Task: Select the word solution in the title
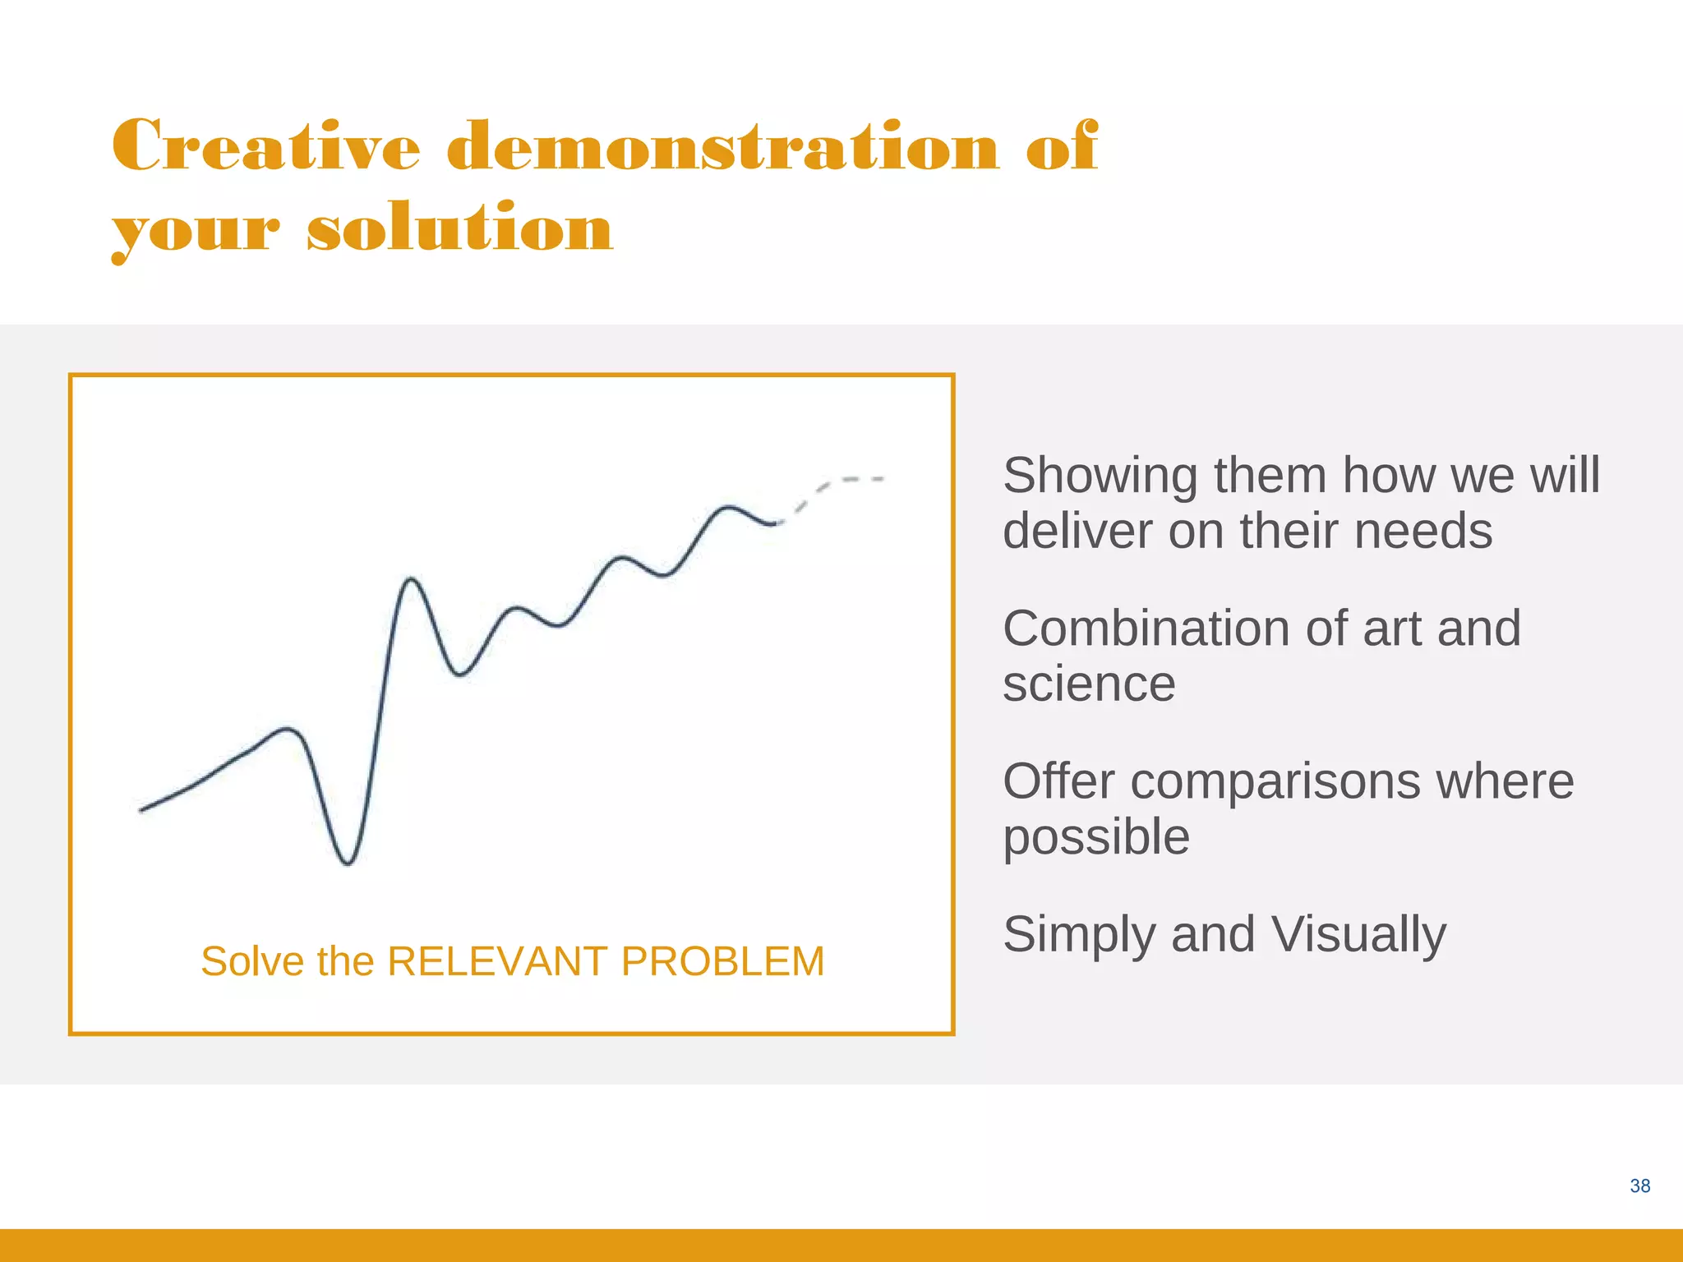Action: coord(460,228)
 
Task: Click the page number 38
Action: coord(1639,1186)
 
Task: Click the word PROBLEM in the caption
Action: coord(722,960)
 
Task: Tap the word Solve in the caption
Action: coord(252,960)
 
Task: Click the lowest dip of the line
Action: coord(348,863)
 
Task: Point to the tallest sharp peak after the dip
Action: coord(411,580)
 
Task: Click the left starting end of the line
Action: coord(142,810)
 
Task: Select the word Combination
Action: coord(1147,629)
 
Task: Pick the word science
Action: coord(1089,684)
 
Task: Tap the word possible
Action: coord(1096,836)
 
